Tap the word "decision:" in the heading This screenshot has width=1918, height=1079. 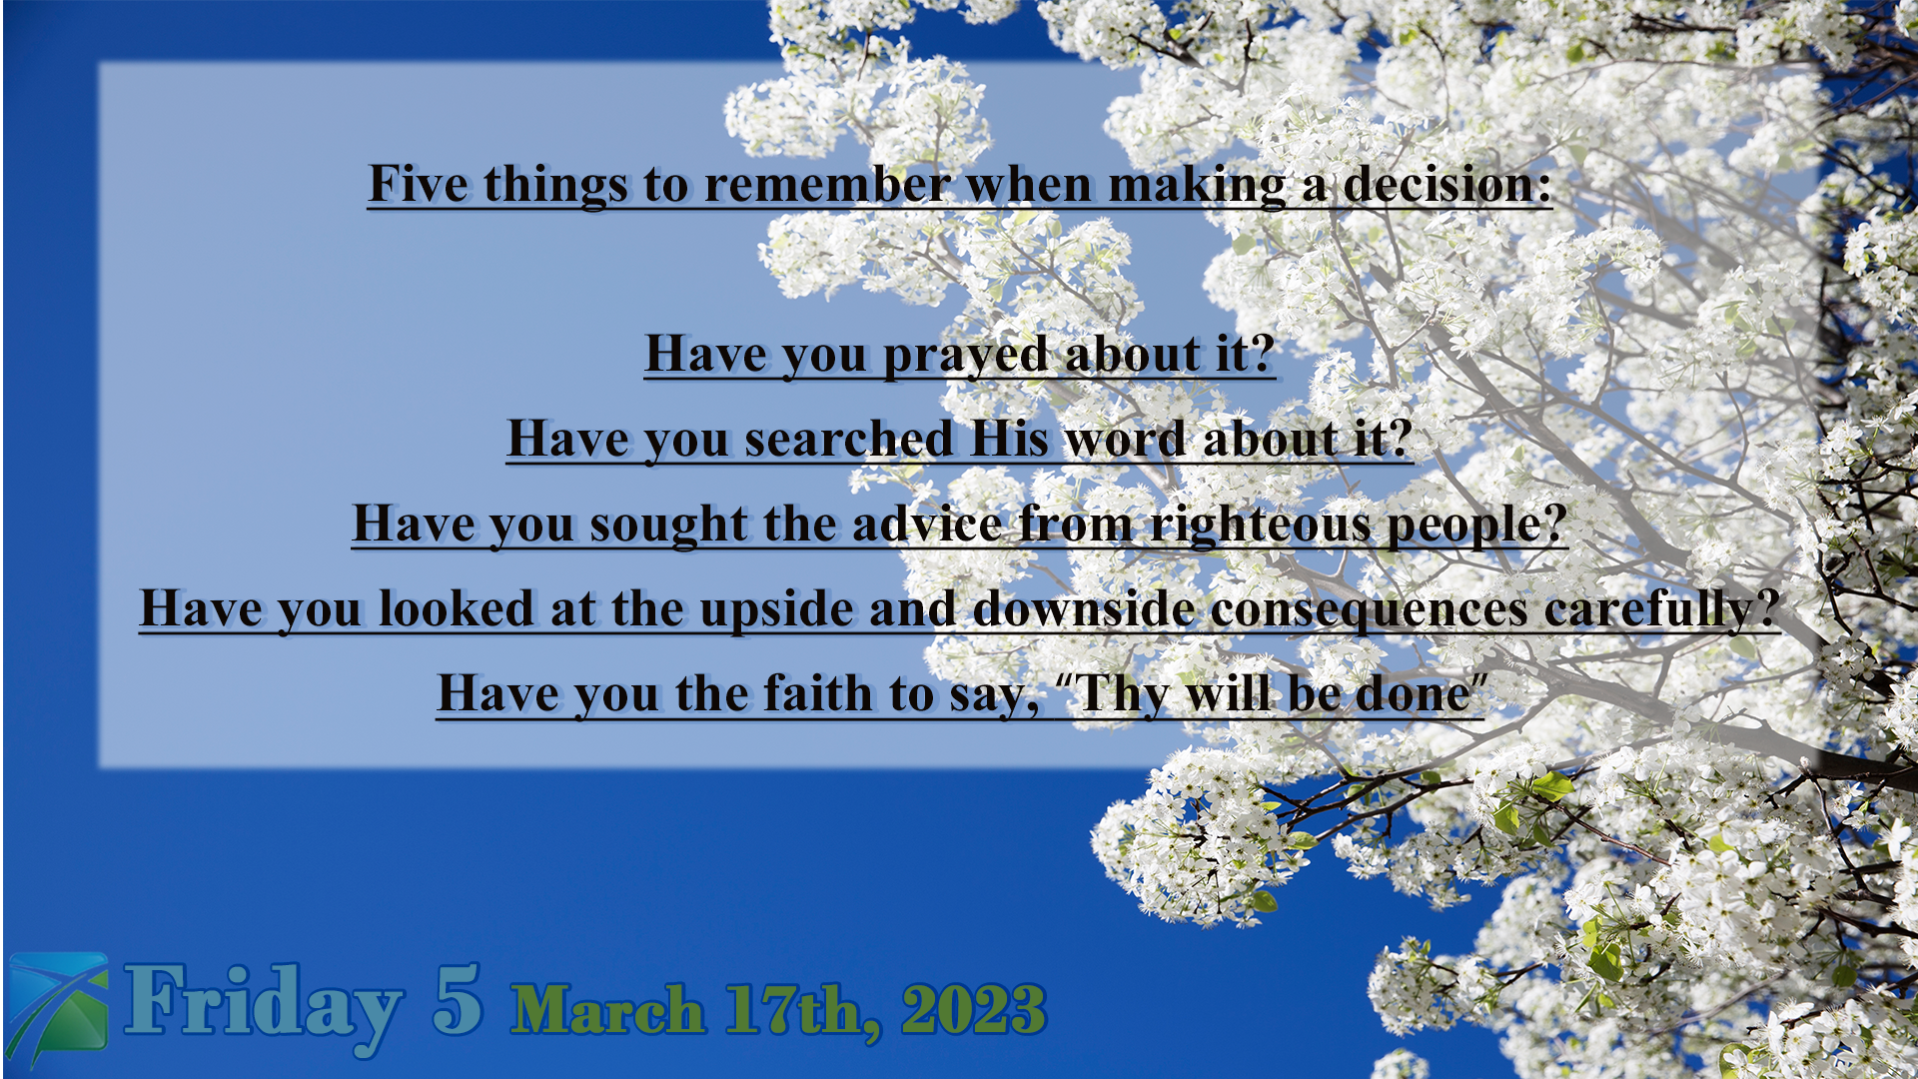(1447, 184)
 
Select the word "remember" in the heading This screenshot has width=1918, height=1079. (827, 184)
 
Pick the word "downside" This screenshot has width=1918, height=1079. (1084, 609)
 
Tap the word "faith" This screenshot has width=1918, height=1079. (818, 694)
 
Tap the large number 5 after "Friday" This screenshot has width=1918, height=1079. (458, 999)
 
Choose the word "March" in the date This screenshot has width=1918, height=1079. (607, 1009)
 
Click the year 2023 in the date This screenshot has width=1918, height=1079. (974, 1009)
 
